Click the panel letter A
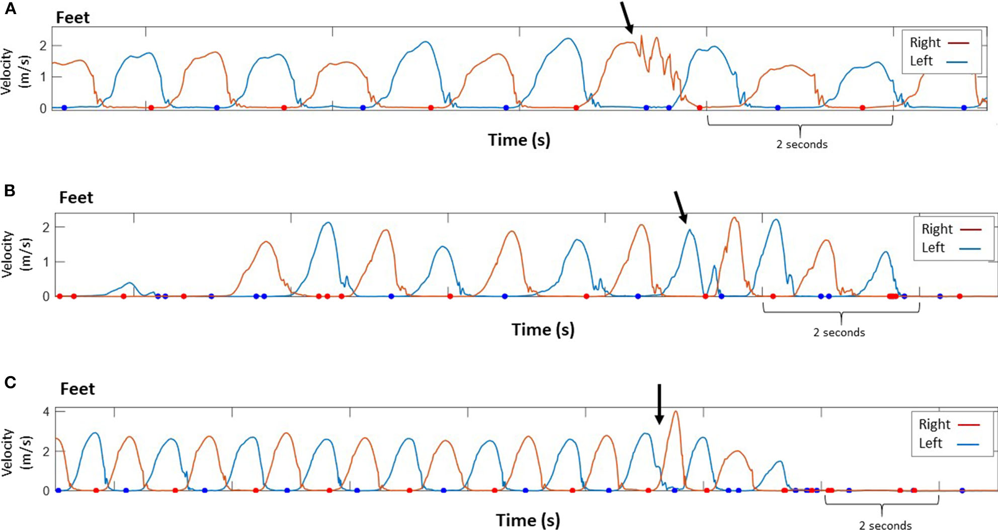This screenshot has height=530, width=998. [x=10, y=9]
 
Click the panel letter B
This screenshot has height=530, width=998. [x=10, y=191]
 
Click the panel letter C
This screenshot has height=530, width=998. [x=10, y=383]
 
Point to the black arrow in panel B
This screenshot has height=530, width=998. [x=680, y=207]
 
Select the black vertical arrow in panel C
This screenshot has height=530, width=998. [x=659, y=404]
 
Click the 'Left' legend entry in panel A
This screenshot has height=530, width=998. [x=921, y=61]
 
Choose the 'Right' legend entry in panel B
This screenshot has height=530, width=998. [x=937, y=229]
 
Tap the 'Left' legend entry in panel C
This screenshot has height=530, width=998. [x=930, y=443]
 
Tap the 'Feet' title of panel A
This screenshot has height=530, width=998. [x=72, y=18]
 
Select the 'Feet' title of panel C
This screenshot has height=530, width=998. [x=77, y=389]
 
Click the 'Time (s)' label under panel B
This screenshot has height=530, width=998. [x=543, y=329]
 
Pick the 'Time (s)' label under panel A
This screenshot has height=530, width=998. [x=519, y=139]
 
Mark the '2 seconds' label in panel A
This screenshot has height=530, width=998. [x=801, y=144]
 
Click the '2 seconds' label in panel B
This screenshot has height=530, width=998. [x=839, y=332]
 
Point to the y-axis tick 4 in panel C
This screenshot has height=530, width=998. [x=46, y=412]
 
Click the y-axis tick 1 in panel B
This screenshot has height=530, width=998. [x=46, y=262]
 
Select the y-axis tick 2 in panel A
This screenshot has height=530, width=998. [x=43, y=46]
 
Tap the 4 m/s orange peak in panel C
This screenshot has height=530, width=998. [x=676, y=412]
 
